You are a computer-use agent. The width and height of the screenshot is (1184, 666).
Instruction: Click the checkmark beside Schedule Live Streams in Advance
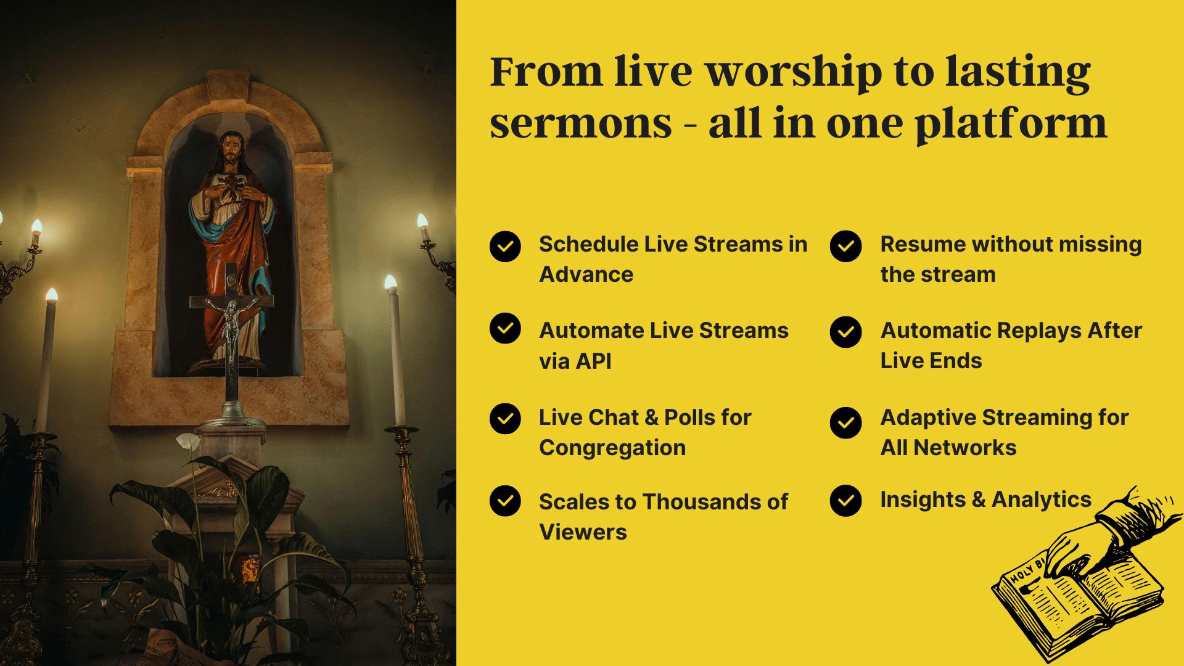tap(505, 247)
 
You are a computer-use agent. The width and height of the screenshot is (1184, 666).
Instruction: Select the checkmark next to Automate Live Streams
tap(505, 328)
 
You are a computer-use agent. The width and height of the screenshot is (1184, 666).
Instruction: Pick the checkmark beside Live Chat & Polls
tap(505, 419)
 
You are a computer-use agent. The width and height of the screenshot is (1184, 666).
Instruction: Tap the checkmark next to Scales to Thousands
tap(505, 501)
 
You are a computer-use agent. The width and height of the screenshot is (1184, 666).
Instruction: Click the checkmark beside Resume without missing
tap(846, 246)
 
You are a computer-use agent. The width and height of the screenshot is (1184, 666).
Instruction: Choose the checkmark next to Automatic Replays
tap(846, 332)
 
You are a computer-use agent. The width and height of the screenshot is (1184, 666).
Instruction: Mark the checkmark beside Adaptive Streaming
tap(846, 422)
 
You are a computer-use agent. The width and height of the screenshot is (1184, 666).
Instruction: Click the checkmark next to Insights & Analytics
tap(846, 500)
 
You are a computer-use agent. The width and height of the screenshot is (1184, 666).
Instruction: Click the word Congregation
tap(612, 448)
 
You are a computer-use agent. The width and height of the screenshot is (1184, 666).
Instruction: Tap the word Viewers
tap(583, 532)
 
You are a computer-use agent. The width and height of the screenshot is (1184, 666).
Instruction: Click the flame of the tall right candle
tap(390, 282)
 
